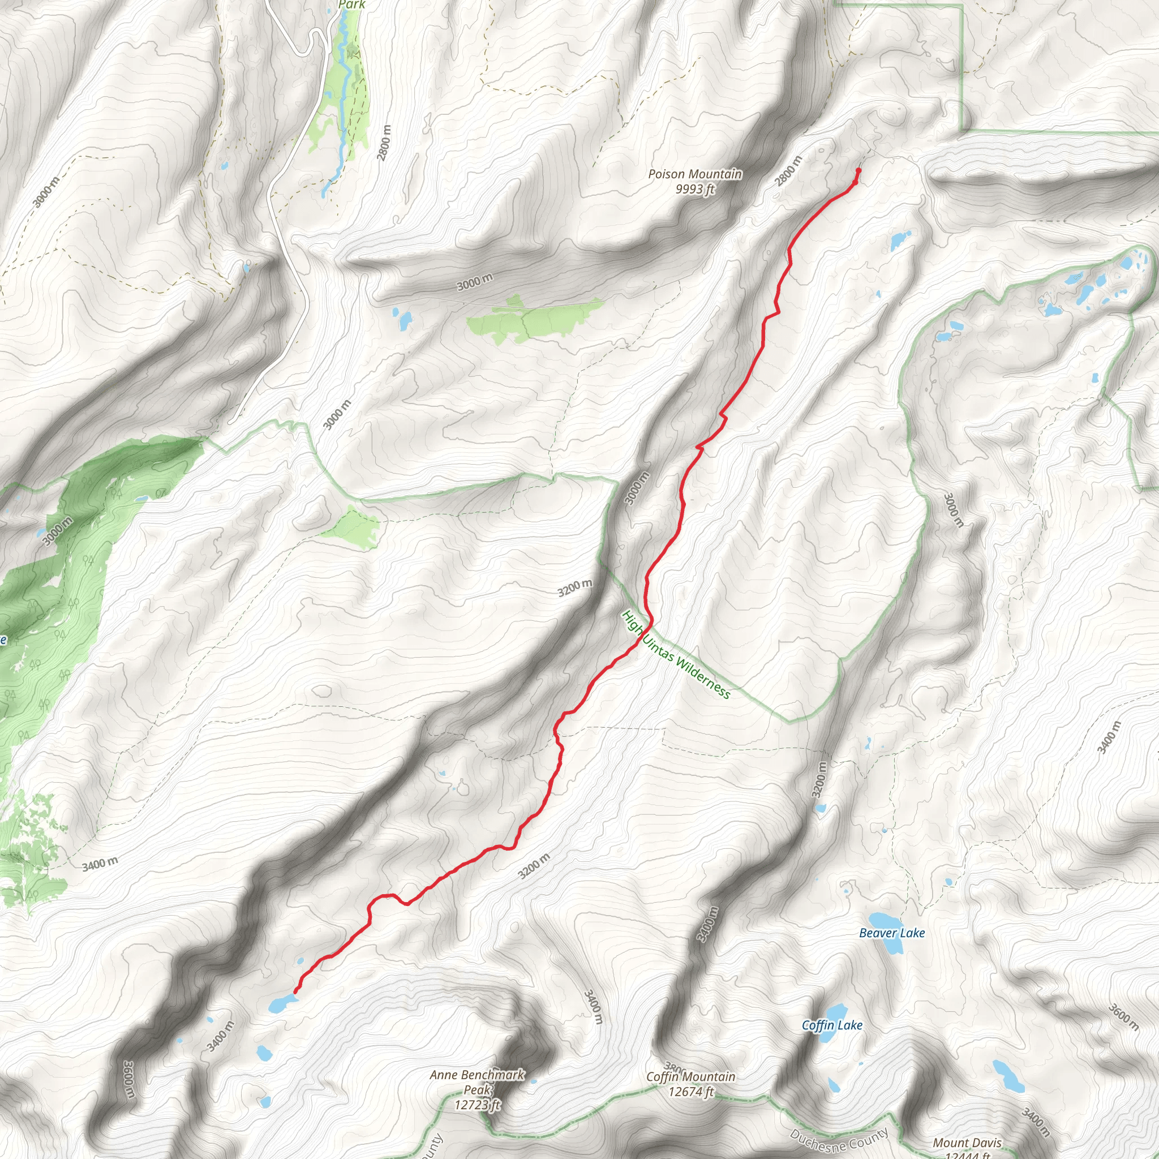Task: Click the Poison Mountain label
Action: click(695, 174)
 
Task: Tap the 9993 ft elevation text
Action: click(695, 189)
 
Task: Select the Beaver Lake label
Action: click(891, 933)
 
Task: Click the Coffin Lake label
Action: click(832, 1025)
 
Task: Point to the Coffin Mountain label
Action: click(690, 1077)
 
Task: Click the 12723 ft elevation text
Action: click(477, 1105)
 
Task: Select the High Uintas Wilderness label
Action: click(676, 655)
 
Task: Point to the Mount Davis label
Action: click(967, 1143)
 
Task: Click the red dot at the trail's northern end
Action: click(858, 170)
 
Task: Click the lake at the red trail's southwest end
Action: click(281, 1002)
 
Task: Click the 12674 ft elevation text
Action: click(690, 1091)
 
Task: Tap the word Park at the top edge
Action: click(351, 5)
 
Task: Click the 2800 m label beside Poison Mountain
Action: click(788, 171)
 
